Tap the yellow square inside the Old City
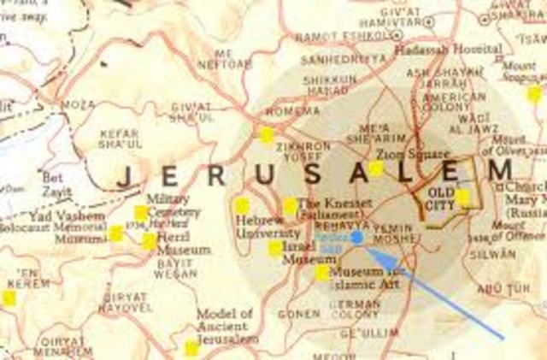[462, 198]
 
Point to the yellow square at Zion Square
[376, 168]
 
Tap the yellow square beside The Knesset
[291, 205]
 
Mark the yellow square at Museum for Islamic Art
[322, 273]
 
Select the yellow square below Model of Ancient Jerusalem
[191, 348]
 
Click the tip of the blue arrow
[368, 248]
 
